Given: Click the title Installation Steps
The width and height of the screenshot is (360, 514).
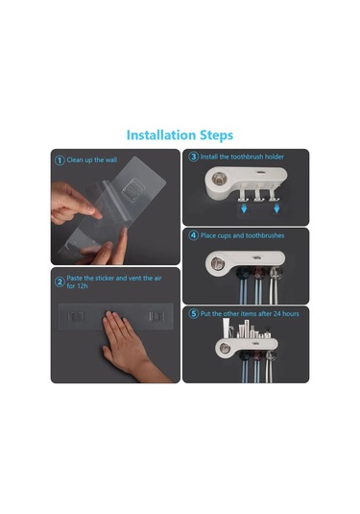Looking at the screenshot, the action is click(180, 135).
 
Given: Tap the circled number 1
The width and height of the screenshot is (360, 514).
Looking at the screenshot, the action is click(60, 160).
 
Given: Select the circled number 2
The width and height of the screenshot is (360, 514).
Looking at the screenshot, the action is click(60, 281).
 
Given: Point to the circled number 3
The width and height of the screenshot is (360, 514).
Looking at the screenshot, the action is click(193, 157).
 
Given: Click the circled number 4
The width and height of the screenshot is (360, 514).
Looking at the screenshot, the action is click(193, 235).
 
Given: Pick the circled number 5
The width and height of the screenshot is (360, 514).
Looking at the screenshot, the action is click(193, 314).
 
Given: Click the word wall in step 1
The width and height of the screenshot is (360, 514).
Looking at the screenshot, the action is click(110, 160).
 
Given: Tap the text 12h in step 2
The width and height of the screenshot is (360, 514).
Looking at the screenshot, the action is click(82, 286).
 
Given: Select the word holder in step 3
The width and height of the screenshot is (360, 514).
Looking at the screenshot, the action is click(275, 157).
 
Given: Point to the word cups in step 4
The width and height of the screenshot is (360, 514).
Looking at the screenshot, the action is click(225, 235).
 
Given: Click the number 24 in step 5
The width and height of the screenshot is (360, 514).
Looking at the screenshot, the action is click(277, 314).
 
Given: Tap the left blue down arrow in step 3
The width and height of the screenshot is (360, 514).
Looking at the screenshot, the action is click(244, 208).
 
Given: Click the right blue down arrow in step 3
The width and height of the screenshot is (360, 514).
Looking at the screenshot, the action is click(276, 208).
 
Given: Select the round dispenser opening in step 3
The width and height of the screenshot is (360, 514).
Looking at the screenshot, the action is click(219, 179).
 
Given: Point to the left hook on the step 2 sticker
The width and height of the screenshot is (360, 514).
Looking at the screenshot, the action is click(76, 317).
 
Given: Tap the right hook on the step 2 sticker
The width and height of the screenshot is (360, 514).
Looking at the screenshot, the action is click(156, 317).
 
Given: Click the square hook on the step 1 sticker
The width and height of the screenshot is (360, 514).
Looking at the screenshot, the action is click(133, 190).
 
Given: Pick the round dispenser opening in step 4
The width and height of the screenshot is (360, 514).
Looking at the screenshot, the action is click(216, 263).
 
